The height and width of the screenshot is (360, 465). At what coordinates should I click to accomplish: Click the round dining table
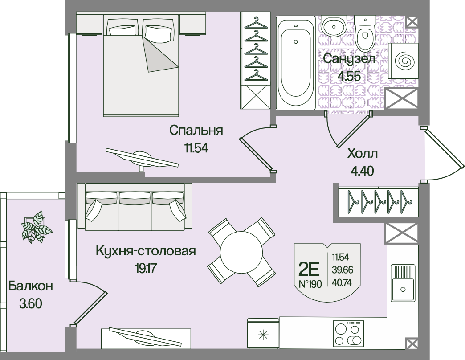[241, 253]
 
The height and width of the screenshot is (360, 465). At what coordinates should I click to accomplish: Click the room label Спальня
[196, 131]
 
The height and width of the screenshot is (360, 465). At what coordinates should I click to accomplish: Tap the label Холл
[363, 154]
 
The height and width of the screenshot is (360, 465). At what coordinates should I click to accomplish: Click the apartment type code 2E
[309, 269]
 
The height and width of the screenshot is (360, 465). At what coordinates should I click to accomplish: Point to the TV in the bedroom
[141, 158]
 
